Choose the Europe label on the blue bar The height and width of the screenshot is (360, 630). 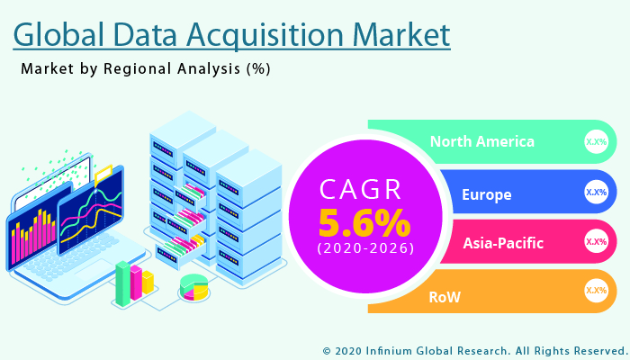[x=486, y=194]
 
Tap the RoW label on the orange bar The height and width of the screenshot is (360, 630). [x=445, y=296]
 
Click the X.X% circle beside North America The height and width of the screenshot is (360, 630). [x=596, y=141]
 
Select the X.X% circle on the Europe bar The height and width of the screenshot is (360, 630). [x=596, y=192]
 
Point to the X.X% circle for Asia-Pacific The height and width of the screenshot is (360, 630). [x=596, y=241]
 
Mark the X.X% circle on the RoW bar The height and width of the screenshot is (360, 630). [x=596, y=290]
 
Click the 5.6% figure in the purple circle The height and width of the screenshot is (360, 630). [x=364, y=221]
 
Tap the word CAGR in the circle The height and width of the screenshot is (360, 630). [x=364, y=190]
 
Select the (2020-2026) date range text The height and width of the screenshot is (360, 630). [x=364, y=248]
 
